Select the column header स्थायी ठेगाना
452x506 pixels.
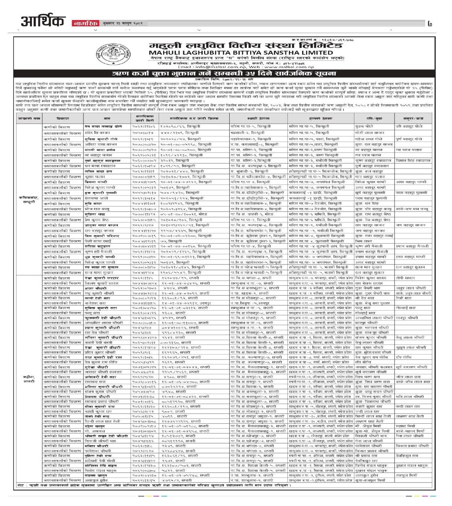click(258, 118)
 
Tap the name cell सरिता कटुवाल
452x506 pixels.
click(97, 247)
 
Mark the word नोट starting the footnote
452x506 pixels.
click(20, 486)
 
